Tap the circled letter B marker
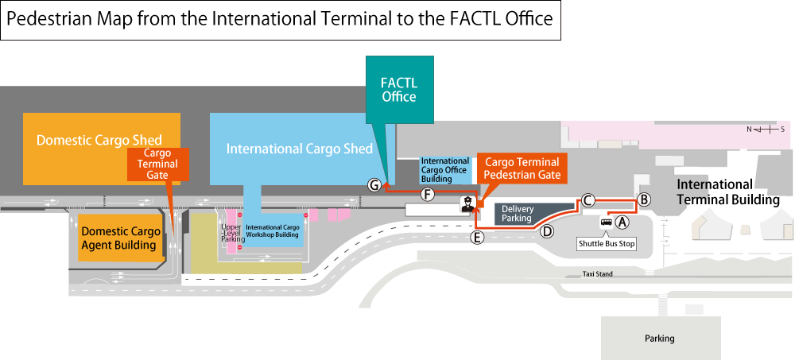(645, 199)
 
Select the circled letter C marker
(588, 200)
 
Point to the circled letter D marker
(547, 231)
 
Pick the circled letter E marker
(478, 237)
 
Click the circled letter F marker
(428, 194)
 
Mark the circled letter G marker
(374, 184)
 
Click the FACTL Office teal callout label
(399, 90)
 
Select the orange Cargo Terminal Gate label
(157, 164)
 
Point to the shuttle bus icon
(607, 223)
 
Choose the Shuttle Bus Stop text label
(607, 243)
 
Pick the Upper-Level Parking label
(231, 232)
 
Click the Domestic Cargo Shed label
(99, 141)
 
